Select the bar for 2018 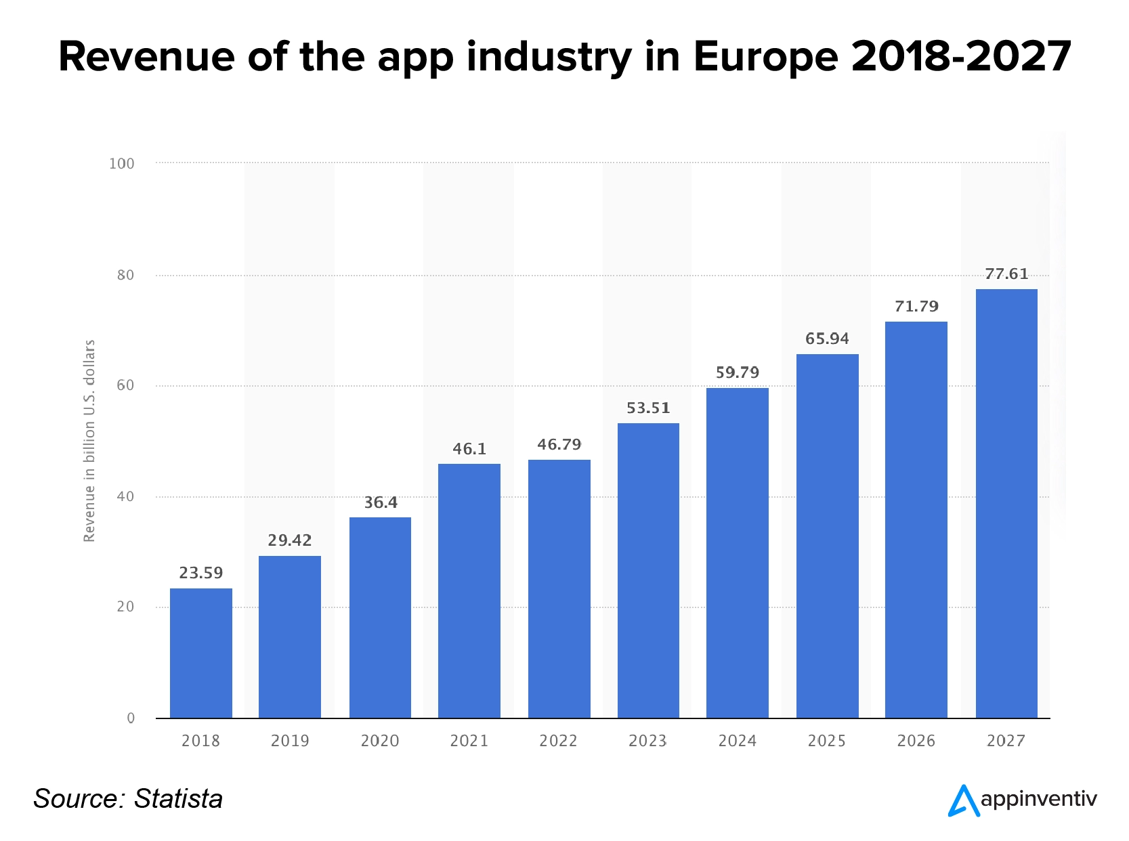200,653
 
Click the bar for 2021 469,590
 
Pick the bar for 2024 737,553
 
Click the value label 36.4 381,502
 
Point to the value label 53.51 648,408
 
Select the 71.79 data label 916,306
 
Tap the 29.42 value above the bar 290,540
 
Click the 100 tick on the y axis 122,163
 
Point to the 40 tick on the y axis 125,496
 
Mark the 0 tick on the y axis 131,718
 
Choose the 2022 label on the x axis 558,741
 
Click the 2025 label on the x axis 826,741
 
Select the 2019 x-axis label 290,741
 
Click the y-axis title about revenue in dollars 89,441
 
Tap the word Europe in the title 765,56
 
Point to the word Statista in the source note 178,798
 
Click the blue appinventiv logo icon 963,800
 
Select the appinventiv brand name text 1038,799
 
